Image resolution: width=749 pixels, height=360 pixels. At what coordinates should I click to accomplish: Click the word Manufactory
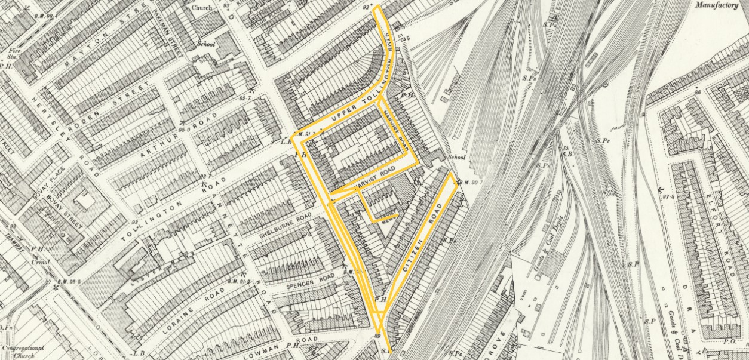click(721, 5)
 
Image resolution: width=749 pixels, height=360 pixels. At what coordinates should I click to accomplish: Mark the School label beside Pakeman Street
click(206, 44)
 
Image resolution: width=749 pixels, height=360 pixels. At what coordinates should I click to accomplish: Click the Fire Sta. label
click(10, 54)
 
